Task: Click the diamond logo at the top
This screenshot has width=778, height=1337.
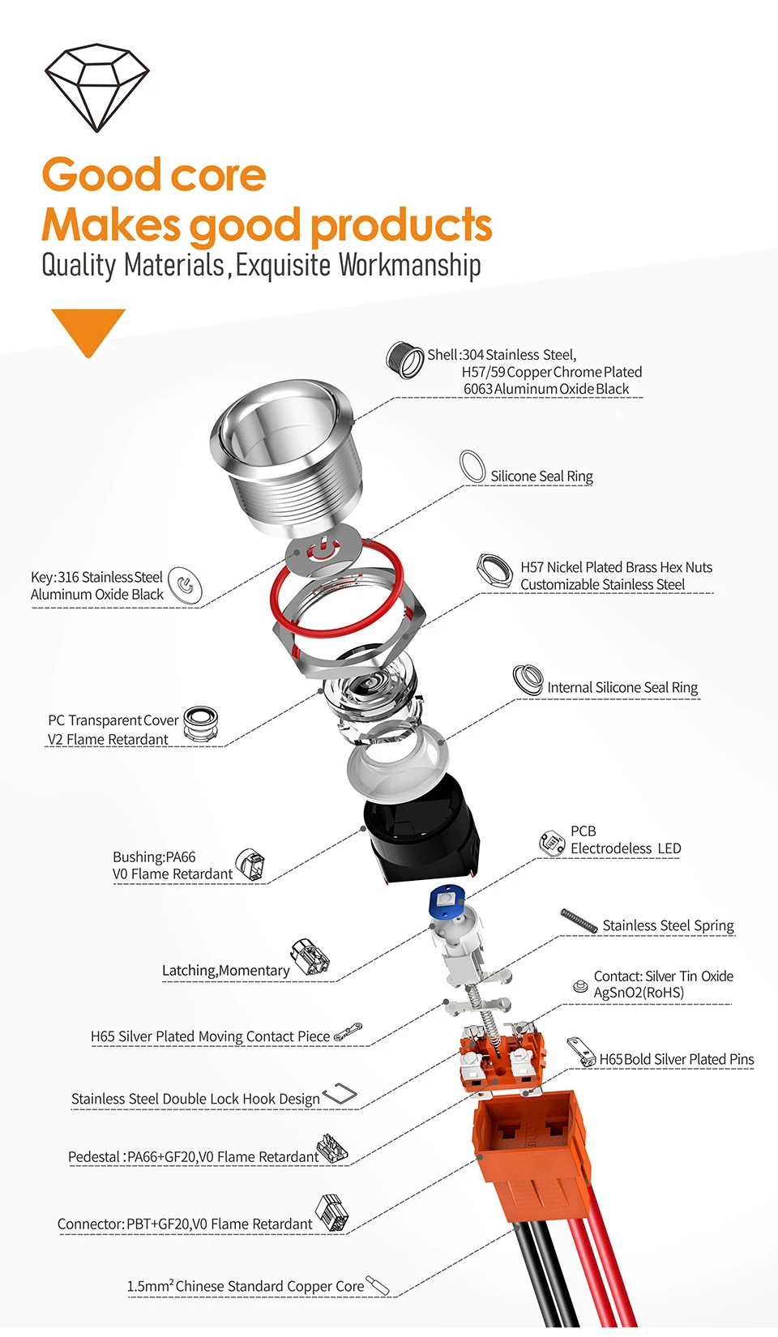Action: click(x=96, y=88)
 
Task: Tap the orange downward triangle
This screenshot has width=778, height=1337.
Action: click(x=88, y=327)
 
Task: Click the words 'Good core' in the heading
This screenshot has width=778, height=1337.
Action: click(x=154, y=175)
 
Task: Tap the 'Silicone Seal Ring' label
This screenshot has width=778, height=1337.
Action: click(x=541, y=476)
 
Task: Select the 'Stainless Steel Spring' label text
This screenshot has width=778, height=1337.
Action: click(x=668, y=925)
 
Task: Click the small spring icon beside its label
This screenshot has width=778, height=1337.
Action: click(x=579, y=921)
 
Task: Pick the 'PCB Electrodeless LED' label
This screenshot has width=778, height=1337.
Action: click(x=625, y=840)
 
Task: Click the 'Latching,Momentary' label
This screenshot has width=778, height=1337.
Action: click(x=225, y=971)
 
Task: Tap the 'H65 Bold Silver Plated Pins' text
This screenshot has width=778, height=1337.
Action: click(x=676, y=1059)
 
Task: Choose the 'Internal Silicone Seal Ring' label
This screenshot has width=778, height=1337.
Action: click(x=622, y=688)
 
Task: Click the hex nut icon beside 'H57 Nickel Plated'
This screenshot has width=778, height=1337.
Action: click(x=494, y=572)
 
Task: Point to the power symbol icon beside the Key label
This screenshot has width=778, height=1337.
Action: click(x=185, y=585)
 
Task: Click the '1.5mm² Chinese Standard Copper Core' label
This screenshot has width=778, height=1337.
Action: click(x=246, y=1286)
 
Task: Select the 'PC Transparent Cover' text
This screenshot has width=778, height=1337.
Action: click(x=113, y=720)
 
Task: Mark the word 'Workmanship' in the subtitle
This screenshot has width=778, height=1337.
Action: click(x=409, y=265)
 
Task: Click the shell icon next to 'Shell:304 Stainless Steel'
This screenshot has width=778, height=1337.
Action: click(x=404, y=361)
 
